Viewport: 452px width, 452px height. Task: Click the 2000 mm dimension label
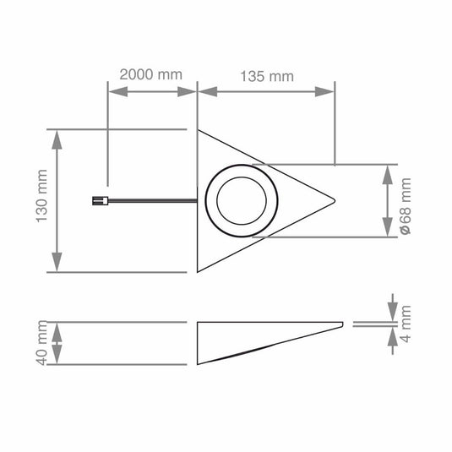tap(150, 74)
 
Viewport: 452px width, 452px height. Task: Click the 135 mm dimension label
tap(267, 76)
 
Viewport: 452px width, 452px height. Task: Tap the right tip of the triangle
tap(335, 201)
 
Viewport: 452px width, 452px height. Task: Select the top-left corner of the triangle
tap(198, 130)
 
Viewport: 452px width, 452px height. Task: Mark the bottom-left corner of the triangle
tap(198, 272)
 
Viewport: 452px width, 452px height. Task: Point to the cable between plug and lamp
tap(152, 200)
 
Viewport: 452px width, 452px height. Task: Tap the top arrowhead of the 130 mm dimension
tap(57, 135)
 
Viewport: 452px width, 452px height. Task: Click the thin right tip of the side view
tap(342, 323)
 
